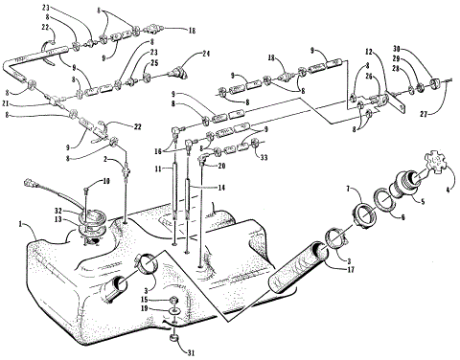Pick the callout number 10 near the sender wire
pos(106,180)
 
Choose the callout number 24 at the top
pos(204,55)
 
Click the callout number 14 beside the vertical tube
pos(220,187)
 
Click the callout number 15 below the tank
pos(159,300)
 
